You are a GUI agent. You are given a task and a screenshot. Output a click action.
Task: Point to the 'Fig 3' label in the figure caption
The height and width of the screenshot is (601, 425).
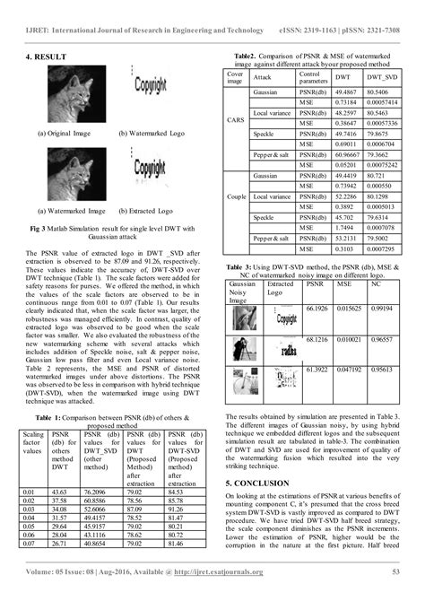(x=39, y=229)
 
